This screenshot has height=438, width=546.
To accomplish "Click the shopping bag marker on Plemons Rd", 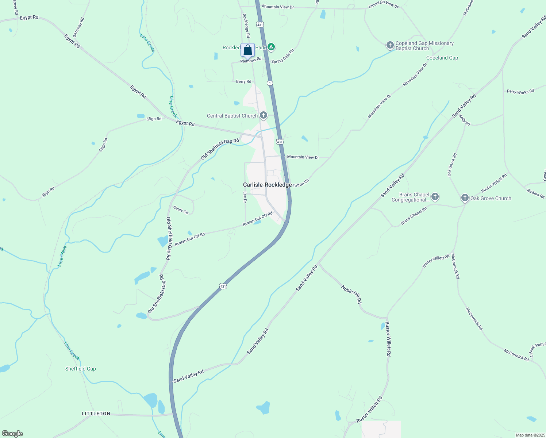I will pos(247,50).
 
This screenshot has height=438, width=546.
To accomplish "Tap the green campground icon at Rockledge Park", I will pos(271,47).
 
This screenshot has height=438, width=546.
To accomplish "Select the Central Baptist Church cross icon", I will pos(263,116).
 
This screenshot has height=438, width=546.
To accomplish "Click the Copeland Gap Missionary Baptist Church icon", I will pos(390,45).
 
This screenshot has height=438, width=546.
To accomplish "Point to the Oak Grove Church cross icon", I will pos(465,198).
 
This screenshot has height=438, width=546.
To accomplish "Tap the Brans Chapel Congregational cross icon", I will pos(435,197).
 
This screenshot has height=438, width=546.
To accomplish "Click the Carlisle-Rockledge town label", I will pos(267,185).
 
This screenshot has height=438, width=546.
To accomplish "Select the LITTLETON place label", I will pos(96,414).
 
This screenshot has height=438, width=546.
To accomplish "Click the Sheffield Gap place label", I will pos(80,369).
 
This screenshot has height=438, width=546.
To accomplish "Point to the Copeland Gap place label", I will pos(442,58).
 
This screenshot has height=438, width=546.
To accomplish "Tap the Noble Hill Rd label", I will pos(351,295).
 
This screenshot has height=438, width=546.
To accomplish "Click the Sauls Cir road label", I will pos(181,210).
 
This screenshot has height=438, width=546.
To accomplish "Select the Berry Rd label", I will pos(243,81).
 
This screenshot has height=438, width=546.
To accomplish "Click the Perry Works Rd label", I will pos(520,92).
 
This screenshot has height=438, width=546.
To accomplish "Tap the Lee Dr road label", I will pos(245,197).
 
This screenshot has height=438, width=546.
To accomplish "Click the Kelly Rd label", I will pos(464,120).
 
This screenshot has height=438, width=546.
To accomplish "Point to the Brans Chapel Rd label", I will pos(414,216).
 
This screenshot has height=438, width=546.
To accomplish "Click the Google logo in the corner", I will pos(12,434).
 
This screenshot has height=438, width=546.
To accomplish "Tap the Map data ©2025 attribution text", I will pos(530,435).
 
